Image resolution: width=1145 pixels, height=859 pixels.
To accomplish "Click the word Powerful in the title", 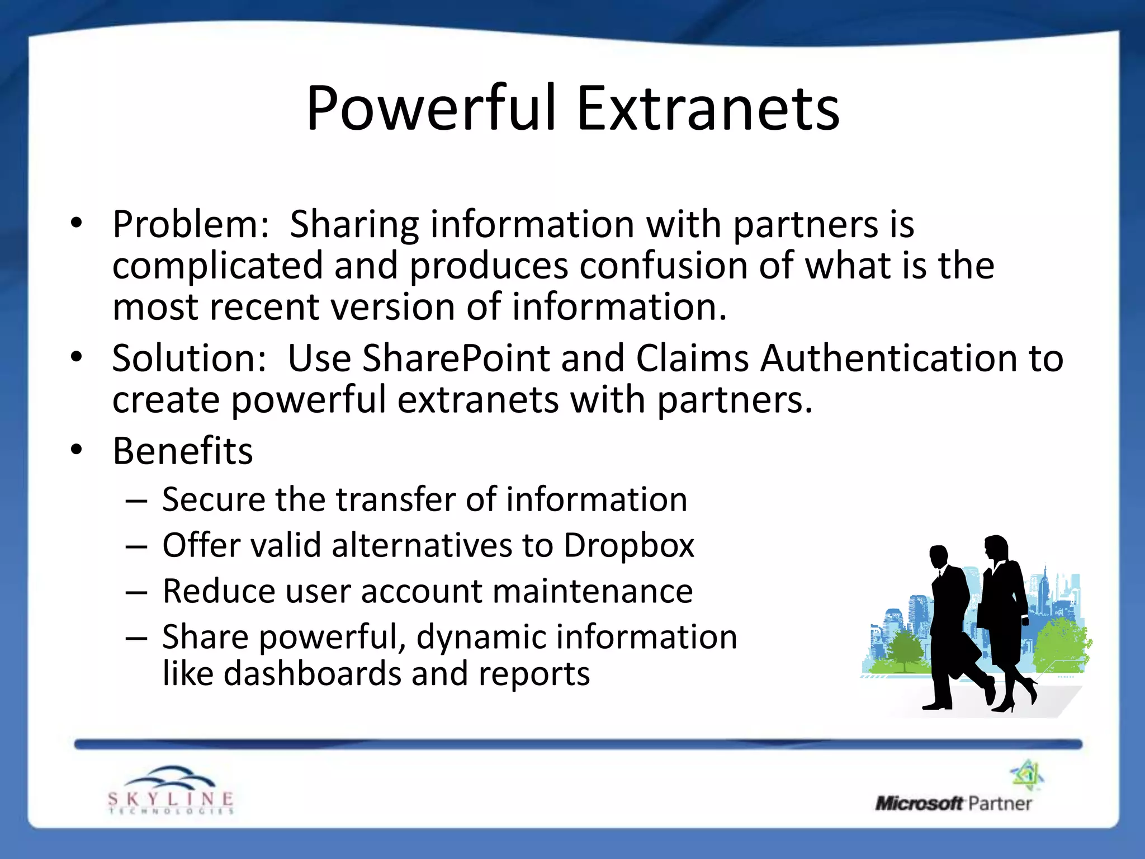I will pos(431,108).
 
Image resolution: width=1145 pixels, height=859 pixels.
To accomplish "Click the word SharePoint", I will pos(456,358).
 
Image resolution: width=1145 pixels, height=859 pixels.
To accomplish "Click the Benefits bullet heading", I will pos(183,451).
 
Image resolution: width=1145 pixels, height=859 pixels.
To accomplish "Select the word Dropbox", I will pos(628,545).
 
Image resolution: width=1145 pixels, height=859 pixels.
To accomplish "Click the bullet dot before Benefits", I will pos(77,449).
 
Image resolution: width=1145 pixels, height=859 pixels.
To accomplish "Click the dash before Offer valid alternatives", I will pos(136,546).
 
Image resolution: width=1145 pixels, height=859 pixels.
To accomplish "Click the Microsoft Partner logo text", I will pos(953,804).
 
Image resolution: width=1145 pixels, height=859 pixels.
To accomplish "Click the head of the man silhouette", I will pos(939,556).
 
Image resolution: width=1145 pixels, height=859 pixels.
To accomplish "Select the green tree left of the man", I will pos(901,649).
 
